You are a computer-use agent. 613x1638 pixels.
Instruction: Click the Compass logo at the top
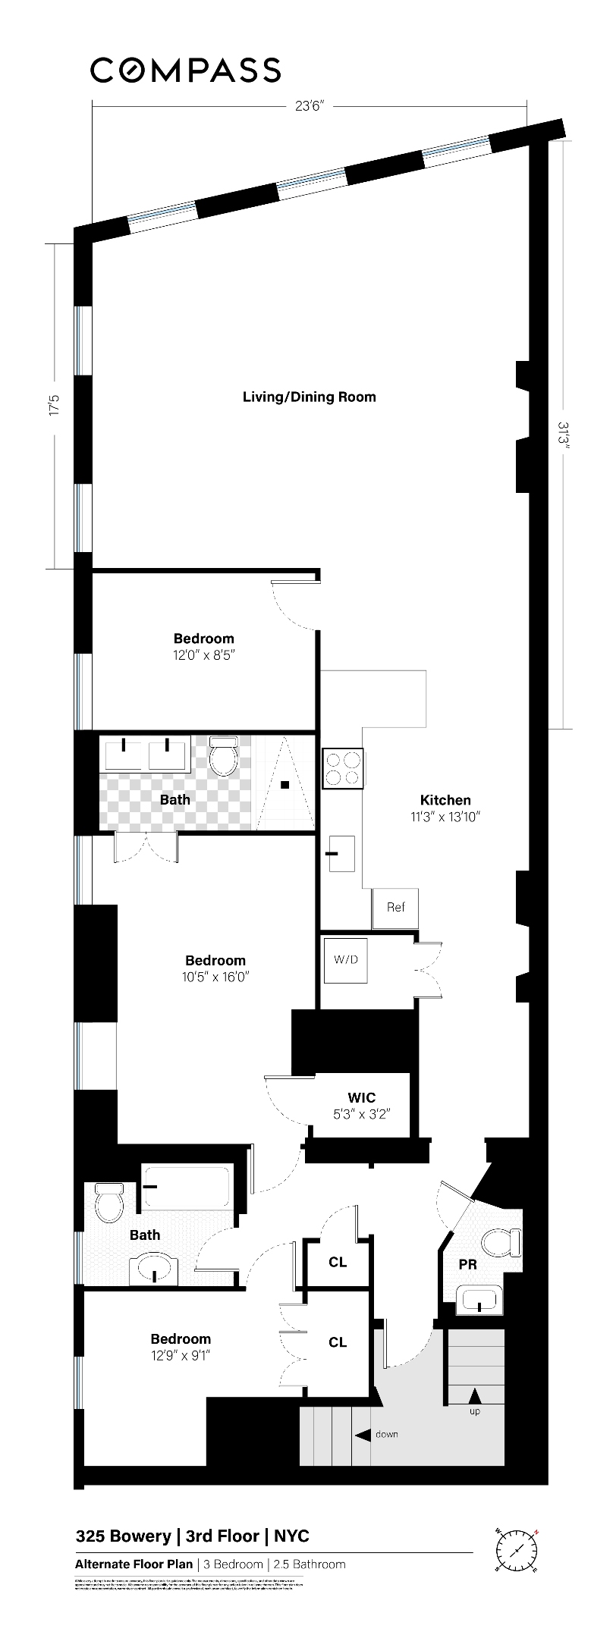pyautogui.click(x=186, y=71)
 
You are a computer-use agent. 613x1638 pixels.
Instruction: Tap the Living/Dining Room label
pyautogui.click(x=309, y=397)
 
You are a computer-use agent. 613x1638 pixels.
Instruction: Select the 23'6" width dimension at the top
pyautogui.click(x=310, y=107)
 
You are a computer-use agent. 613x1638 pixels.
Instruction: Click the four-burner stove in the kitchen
pyautogui.click(x=343, y=767)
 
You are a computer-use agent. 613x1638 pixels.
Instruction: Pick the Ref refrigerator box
pyautogui.click(x=395, y=907)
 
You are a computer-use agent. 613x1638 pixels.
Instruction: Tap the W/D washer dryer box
pyautogui.click(x=345, y=959)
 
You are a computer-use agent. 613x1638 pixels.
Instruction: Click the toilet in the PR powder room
pyautogui.click(x=501, y=1243)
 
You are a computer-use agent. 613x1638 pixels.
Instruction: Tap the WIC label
pyautogui.click(x=362, y=1097)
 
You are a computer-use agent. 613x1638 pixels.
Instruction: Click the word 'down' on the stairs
pyautogui.click(x=386, y=1434)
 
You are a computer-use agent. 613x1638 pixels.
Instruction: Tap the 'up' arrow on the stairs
pyautogui.click(x=475, y=1395)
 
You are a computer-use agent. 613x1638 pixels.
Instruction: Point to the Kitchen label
pyautogui.click(x=445, y=800)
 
